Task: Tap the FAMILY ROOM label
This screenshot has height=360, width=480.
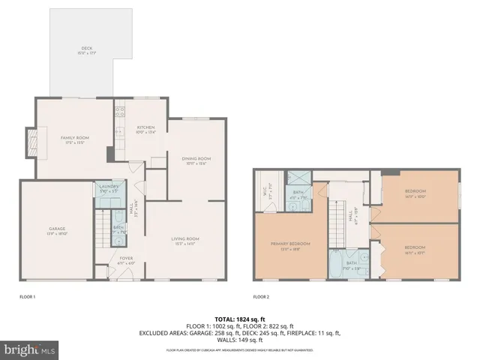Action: click(75, 139)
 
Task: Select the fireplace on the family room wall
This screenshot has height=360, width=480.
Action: click(31, 142)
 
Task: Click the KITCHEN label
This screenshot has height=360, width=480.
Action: click(145, 130)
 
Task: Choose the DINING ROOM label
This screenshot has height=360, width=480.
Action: click(196, 160)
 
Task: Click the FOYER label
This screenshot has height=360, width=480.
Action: click(126, 261)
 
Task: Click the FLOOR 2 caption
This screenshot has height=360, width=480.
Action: click(262, 297)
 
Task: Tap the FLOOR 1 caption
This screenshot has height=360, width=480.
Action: click(28, 297)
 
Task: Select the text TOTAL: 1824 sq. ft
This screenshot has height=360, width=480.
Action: click(238, 319)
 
